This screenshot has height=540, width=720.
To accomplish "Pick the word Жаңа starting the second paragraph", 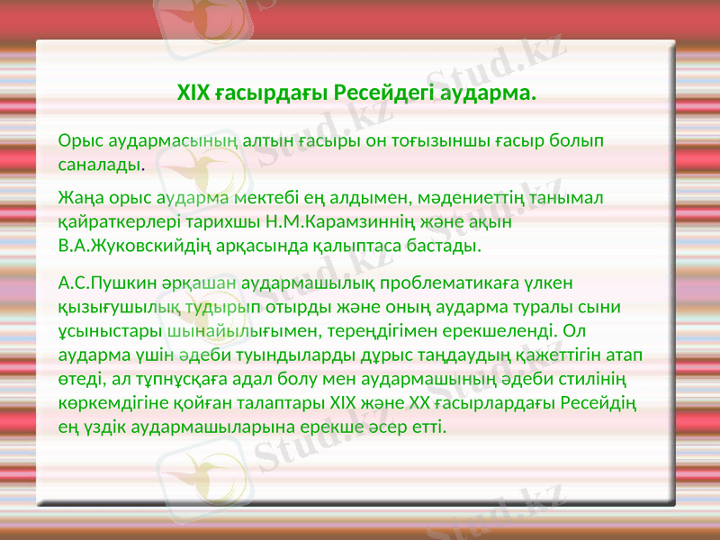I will (x=78, y=196).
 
